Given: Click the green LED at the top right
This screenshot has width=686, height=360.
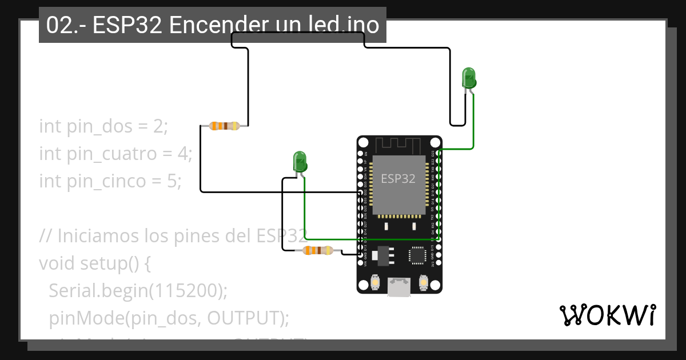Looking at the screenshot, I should tap(469, 78).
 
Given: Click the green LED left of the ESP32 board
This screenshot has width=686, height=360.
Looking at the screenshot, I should tap(300, 162).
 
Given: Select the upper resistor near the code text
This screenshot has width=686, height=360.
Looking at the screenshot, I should tap(224, 126).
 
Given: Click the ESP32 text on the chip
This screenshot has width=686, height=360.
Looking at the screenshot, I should tap(398, 179).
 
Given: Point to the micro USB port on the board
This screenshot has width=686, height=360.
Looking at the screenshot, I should tap(398, 287).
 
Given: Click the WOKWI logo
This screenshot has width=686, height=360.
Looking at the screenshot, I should tap(607, 315).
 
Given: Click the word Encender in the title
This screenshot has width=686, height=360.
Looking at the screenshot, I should tap(218, 25).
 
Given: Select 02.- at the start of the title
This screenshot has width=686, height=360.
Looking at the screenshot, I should tap(63, 25).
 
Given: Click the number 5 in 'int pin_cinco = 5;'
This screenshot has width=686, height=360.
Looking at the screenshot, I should tap(174, 182).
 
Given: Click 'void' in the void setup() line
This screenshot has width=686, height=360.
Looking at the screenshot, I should tap(56, 263).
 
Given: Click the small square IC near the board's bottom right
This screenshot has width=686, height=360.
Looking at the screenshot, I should tap(417, 255).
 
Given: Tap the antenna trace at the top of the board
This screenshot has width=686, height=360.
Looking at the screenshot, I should tap(399, 145).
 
